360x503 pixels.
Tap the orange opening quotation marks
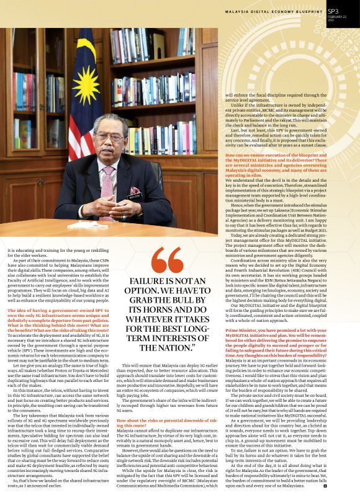click(167, 264)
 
